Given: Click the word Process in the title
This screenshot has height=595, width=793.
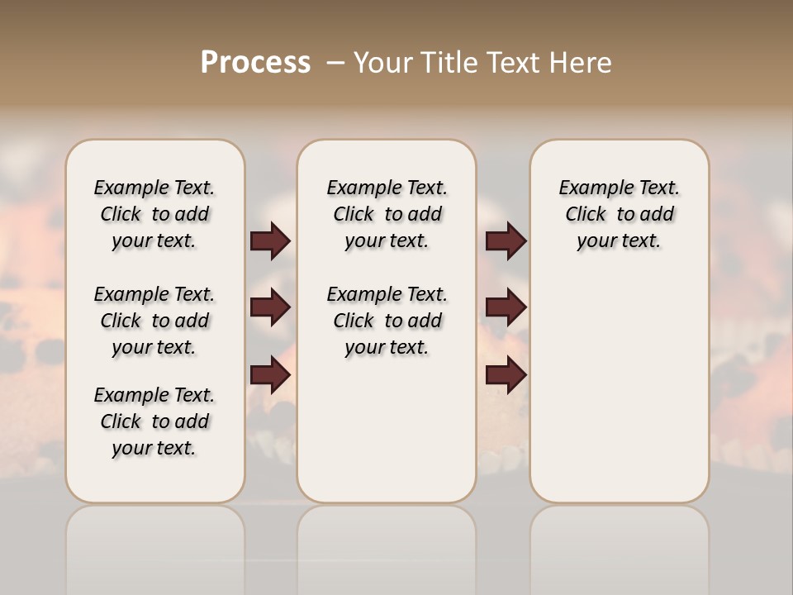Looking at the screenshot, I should [255, 63].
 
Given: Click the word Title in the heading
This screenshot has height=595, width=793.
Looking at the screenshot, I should [449, 63].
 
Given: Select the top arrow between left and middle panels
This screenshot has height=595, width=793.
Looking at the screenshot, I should [270, 241].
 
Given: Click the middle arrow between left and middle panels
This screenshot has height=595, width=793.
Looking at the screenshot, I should [270, 308].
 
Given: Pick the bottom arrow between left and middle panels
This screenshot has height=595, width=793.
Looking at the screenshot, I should [270, 376].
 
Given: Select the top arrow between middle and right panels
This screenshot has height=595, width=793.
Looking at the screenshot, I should [506, 241].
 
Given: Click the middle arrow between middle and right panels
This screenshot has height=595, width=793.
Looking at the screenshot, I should [506, 308].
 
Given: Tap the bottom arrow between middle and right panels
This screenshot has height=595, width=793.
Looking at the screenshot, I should [506, 376].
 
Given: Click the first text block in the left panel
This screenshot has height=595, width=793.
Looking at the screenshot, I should [154, 214].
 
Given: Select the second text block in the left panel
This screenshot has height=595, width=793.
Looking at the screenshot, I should [154, 321].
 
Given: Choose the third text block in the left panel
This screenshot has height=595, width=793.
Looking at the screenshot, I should [154, 421].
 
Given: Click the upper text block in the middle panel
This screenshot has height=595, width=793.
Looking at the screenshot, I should [387, 214].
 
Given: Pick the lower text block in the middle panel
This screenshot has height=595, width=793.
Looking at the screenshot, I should [387, 321].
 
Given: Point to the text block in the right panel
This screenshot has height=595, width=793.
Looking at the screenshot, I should [619, 214].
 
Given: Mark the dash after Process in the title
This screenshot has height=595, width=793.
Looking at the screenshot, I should [335, 63].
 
